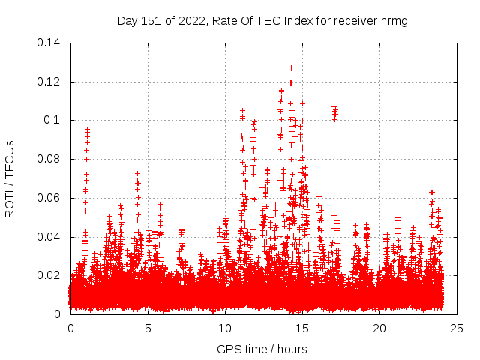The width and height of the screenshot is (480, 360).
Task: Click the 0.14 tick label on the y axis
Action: pyautogui.click(x=50, y=43)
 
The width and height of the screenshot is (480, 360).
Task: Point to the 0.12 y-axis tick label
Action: pyautogui.click(x=50, y=82)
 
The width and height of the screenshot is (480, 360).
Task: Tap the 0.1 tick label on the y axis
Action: pyautogui.click(x=53, y=121)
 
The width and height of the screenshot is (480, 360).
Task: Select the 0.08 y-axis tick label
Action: pyautogui.click(x=50, y=159)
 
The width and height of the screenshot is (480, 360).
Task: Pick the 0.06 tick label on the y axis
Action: pyautogui.click(x=50, y=198)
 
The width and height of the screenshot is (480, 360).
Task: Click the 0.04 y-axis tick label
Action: pyautogui.click(x=50, y=237)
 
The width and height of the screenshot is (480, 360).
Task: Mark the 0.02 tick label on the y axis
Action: pyautogui.click(x=50, y=275)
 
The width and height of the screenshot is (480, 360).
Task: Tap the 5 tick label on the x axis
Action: pyautogui.click(x=148, y=328)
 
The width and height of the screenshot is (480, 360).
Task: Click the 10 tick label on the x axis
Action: pyautogui.click(x=225, y=328)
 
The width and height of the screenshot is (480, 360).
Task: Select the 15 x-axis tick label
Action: pyautogui.click(x=302, y=328)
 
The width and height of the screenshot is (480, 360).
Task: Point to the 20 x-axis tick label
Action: pyautogui.click(x=379, y=328)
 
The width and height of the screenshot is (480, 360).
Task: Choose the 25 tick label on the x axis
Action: pyautogui.click(x=457, y=328)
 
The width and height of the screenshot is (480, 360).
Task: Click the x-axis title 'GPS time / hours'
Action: pyautogui.click(x=263, y=349)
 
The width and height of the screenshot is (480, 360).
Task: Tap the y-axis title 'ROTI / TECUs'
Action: pyautogui.click(x=10, y=178)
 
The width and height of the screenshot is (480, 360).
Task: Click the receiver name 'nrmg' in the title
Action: pyautogui.click(x=394, y=20)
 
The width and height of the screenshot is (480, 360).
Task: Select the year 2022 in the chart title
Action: pyautogui.click(x=193, y=20)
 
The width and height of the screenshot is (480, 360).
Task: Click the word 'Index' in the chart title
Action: pyautogui.click(x=296, y=20)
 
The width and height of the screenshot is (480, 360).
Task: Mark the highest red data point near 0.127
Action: pyautogui.click(x=291, y=67)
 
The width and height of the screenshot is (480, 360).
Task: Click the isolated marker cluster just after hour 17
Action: pyautogui.click(x=334, y=112)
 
